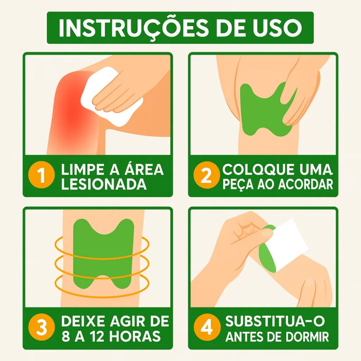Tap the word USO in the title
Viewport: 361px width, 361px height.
277,28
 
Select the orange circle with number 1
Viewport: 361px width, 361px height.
42,175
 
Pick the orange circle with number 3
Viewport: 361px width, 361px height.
42,327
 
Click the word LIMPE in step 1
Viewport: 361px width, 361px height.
82,169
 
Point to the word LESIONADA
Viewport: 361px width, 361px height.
104,184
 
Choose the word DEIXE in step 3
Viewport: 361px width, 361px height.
84,321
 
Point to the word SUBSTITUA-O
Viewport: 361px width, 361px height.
275,321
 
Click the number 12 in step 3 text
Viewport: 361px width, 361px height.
96,336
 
